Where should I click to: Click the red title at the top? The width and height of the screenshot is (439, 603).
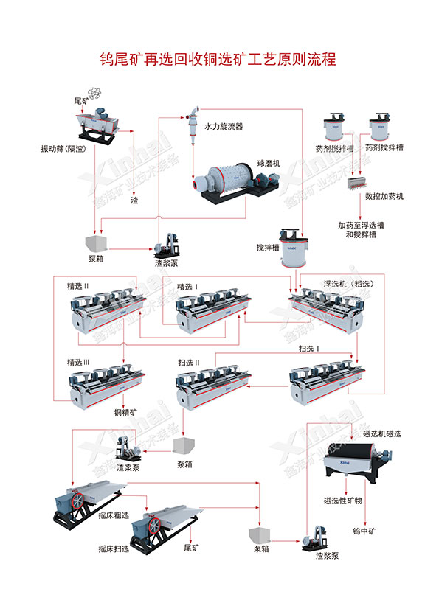coord(218,60)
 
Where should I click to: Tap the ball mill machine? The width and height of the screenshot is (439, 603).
coord(235,182)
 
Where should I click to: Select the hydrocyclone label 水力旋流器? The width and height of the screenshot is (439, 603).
coord(223,126)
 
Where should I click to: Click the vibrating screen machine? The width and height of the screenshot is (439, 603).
coord(97,126)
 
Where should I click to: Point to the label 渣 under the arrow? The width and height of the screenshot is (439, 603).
coord(134,200)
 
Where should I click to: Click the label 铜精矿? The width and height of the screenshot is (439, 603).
coord(125,412)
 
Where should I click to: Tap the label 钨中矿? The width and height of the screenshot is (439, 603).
coord(364,531)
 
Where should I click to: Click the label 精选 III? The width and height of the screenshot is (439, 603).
coord(78,362)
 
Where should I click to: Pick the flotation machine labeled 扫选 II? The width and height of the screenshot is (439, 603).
coord(213,387)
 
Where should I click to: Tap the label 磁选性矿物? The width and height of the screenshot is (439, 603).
coord(343,501)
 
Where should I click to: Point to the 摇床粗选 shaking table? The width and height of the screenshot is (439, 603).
coord(91,500)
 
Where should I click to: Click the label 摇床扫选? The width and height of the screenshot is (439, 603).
coord(114,548)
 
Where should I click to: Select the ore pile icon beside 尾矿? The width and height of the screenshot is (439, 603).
coord(95,93)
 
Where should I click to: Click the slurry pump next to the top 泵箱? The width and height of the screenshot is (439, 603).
coord(167,245)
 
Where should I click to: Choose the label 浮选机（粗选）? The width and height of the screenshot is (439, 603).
coord(348,284)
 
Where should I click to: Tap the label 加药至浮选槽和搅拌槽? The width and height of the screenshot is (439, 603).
coord(361,229)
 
